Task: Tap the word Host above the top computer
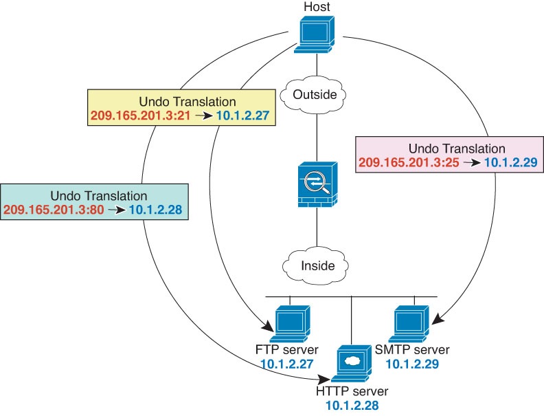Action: (316, 7)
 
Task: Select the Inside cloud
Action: (317, 265)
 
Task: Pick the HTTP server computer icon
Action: (350, 365)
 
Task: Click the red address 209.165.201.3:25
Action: (409, 163)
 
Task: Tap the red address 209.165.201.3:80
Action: (54, 210)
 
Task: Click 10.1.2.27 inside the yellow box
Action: (242, 115)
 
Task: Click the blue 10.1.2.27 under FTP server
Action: (286, 364)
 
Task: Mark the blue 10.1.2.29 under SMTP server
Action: (412, 364)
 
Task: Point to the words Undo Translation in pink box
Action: (457, 149)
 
